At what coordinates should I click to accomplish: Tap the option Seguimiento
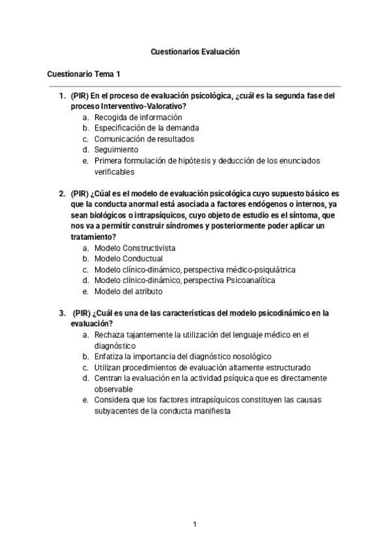point(116,149)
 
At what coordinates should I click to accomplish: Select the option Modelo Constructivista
point(135,248)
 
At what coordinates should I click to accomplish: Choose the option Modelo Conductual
point(128,259)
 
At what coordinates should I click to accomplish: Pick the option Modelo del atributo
point(128,291)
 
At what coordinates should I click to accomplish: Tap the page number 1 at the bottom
point(195,524)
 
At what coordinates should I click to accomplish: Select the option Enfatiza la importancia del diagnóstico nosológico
point(182,356)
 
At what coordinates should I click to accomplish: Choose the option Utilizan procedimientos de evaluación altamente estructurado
point(202,367)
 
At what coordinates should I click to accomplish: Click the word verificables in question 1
point(114,172)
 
